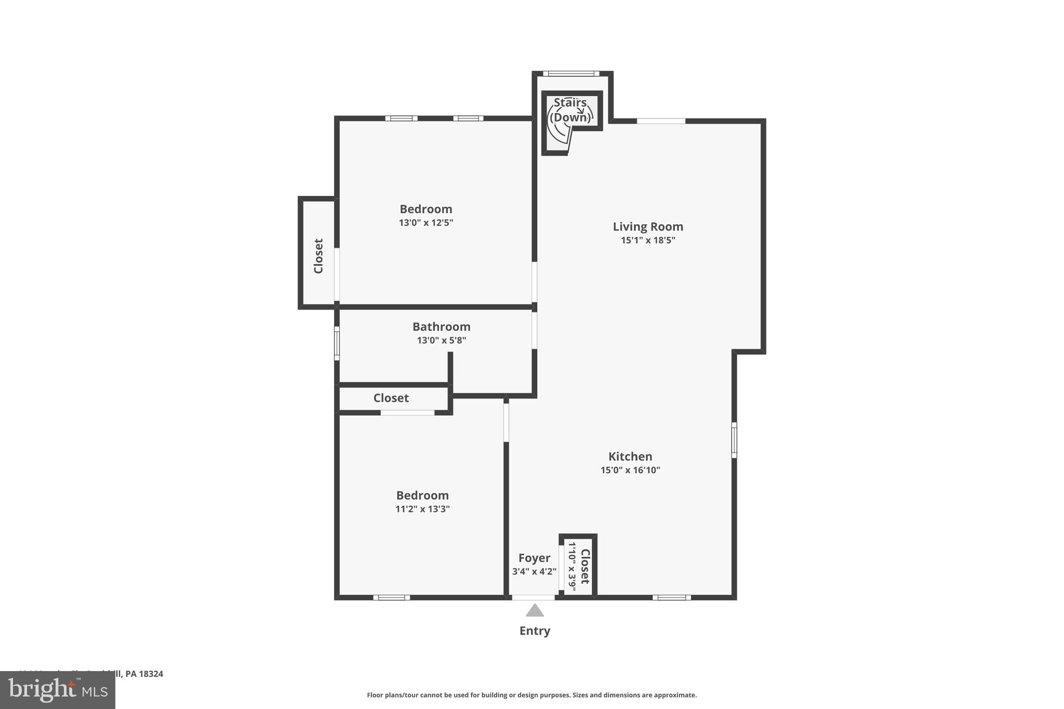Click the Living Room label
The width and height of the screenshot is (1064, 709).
(x=647, y=226)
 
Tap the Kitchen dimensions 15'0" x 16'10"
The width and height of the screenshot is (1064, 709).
(x=630, y=470)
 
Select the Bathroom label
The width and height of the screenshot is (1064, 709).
(x=441, y=327)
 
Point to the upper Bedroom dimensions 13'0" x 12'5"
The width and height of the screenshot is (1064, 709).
(x=426, y=223)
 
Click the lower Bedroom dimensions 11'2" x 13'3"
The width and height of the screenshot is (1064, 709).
(x=422, y=509)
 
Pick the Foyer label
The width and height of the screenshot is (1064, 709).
(x=534, y=558)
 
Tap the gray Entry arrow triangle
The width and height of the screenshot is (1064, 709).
(x=535, y=611)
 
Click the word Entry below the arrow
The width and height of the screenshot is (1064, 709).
(x=535, y=631)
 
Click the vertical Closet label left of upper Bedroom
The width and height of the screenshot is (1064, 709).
(x=318, y=256)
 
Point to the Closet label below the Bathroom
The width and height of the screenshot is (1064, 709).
(x=391, y=398)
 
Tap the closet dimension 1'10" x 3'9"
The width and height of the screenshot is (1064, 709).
(x=572, y=566)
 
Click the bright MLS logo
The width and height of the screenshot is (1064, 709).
(x=58, y=690)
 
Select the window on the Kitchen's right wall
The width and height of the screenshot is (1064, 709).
(x=734, y=440)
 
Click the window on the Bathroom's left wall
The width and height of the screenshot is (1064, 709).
(x=337, y=343)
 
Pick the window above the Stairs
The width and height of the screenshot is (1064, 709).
(x=571, y=74)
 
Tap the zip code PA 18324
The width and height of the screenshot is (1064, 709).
(x=144, y=674)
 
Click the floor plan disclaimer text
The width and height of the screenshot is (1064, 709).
(x=531, y=695)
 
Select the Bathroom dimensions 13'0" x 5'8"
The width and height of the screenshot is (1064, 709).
(x=441, y=341)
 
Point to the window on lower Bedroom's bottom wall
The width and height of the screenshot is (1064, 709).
(x=391, y=597)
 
